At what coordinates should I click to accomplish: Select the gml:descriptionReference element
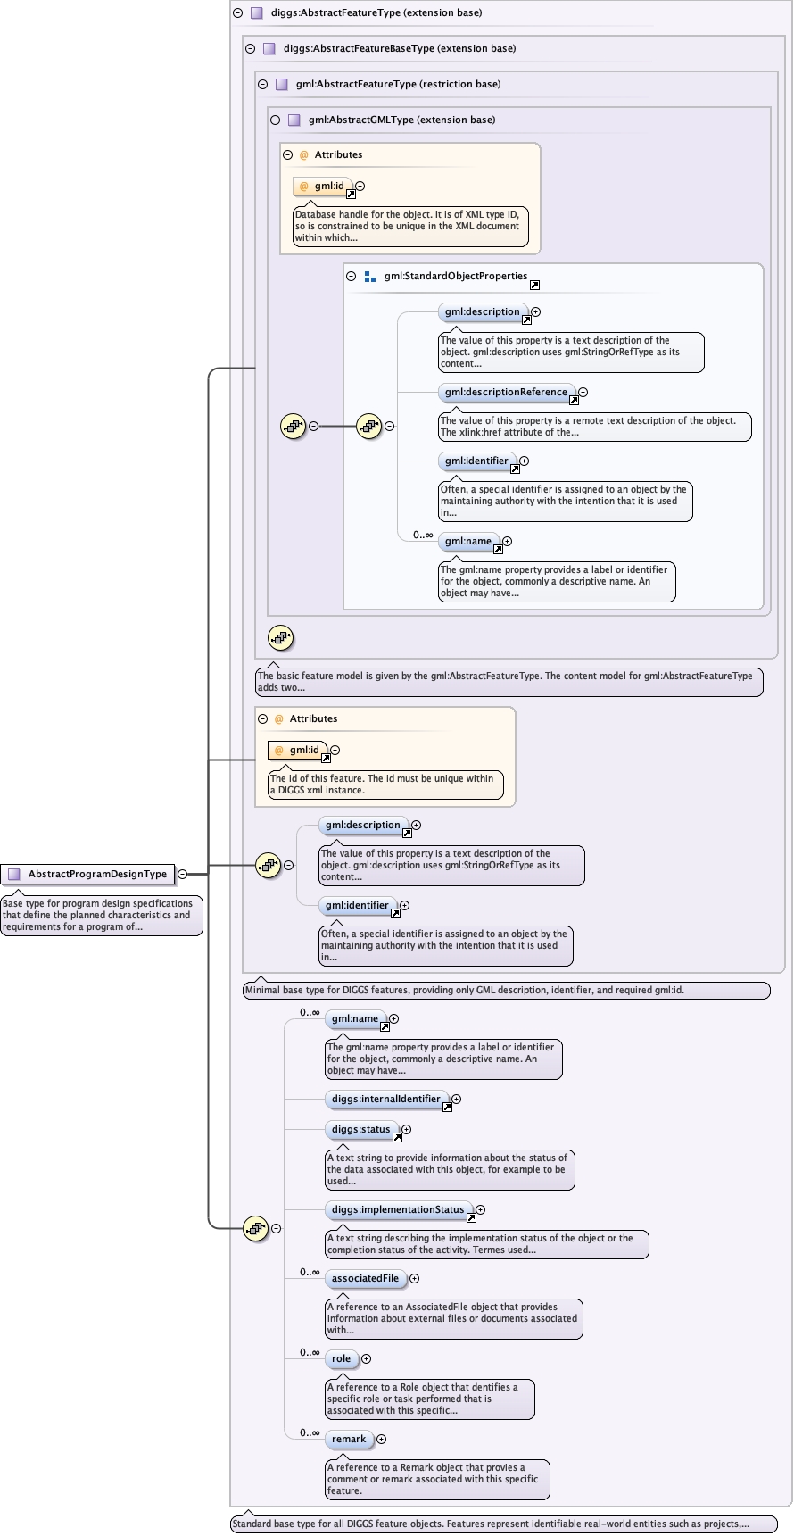click(506, 392)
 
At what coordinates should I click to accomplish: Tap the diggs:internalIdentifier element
click(385, 1099)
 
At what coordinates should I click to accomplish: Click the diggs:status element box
click(360, 1129)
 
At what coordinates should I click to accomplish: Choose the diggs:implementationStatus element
click(397, 1209)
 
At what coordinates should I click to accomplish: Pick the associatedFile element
click(365, 1278)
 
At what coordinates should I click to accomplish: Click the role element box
click(341, 1358)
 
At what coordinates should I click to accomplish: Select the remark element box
click(348, 1439)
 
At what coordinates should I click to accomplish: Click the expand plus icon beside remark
click(382, 1439)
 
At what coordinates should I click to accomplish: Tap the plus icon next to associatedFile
click(414, 1278)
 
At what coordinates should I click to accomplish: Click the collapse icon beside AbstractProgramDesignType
click(182, 874)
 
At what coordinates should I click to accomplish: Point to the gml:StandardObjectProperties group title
click(455, 276)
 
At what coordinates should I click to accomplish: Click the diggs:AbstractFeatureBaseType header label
click(399, 48)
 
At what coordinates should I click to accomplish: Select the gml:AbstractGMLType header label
click(401, 120)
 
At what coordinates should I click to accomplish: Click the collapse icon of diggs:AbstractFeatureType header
click(237, 12)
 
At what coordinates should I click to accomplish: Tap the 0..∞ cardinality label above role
click(310, 1352)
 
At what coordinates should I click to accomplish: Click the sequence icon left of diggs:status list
click(256, 1228)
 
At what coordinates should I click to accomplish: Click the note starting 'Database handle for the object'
click(410, 226)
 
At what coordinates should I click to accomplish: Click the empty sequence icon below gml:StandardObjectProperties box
click(281, 637)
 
